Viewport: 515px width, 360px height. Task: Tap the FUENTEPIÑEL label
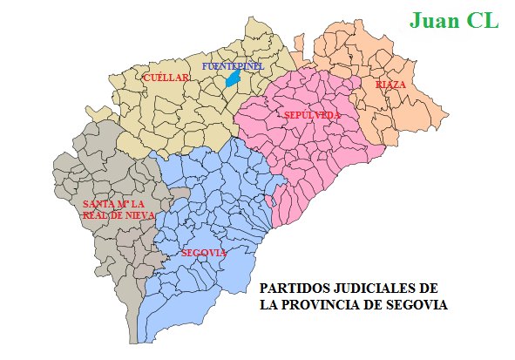(232, 66)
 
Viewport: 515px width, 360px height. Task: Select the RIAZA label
(391, 85)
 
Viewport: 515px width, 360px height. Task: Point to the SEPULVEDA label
(311, 115)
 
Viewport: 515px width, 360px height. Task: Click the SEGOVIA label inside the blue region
(206, 253)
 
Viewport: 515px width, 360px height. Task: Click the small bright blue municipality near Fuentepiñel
(233, 78)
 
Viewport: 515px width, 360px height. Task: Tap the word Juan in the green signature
(437, 20)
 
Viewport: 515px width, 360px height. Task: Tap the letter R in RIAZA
(379, 85)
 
